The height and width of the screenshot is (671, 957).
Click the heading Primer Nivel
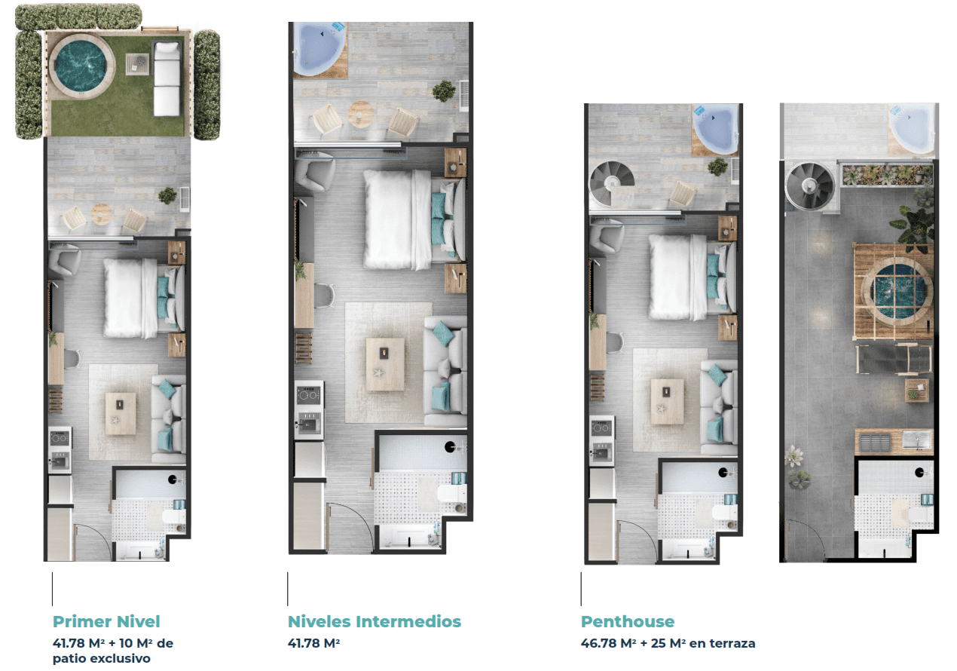tap(106, 621)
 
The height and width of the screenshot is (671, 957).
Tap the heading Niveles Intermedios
tap(375, 621)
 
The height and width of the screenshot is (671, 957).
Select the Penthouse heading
tap(628, 621)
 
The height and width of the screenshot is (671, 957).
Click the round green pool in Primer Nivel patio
tap(81, 66)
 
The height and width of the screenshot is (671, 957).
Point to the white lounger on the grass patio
tap(167, 78)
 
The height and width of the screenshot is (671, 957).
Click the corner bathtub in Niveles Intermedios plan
tap(320, 49)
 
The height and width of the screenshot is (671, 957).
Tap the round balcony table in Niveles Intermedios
tap(361, 114)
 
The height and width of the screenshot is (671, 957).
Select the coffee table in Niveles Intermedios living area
tap(385, 363)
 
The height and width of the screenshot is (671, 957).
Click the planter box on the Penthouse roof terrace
tap(886, 175)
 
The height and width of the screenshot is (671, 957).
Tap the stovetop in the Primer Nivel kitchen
tap(60, 437)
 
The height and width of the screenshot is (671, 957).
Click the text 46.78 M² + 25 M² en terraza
tap(668, 643)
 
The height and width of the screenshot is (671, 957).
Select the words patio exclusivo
tap(102, 659)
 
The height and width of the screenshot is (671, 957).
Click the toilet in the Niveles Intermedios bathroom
tap(452, 495)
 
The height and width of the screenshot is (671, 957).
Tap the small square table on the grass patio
tap(137, 64)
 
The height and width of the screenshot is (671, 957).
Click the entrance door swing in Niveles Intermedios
tap(350, 525)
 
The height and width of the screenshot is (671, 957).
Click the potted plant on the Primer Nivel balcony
tap(167, 196)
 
